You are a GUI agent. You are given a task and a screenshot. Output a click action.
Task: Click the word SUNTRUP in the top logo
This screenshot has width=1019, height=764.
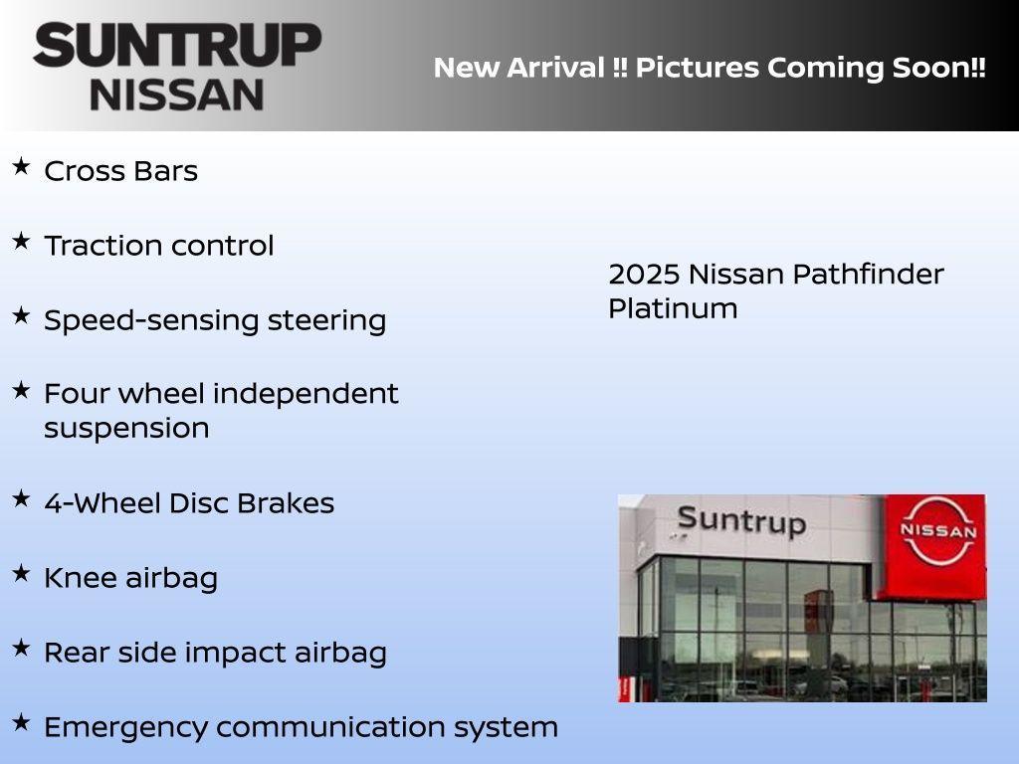(177, 46)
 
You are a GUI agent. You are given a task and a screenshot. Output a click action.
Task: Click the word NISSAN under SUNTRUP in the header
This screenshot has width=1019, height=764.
(177, 95)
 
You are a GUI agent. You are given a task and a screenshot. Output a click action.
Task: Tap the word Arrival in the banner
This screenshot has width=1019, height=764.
(556, 68)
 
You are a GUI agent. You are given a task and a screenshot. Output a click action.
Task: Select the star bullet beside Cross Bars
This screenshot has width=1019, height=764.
(21, 166)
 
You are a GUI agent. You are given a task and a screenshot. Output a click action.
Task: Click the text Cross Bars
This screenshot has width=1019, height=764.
(120, 171)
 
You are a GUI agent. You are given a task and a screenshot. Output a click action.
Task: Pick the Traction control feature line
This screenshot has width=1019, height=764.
(158, 246)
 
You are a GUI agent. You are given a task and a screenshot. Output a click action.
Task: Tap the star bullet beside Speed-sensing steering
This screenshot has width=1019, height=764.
(21, 315)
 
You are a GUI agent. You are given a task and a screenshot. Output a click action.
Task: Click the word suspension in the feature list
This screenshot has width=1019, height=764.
(126, 428)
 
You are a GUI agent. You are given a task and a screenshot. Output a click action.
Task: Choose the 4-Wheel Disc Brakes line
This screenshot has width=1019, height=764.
(189, 503)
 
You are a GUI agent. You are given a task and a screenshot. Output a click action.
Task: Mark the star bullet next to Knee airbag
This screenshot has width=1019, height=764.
(21, 573)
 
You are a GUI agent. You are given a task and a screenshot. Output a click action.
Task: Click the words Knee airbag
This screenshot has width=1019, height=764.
(130, 578)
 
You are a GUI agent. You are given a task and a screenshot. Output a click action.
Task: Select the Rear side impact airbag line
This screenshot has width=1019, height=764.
(215, 653)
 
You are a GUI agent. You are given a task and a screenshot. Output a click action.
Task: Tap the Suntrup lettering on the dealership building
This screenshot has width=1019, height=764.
(741, 520)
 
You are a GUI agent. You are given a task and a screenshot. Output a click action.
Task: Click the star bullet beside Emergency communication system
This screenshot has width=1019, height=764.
(21, 722)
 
